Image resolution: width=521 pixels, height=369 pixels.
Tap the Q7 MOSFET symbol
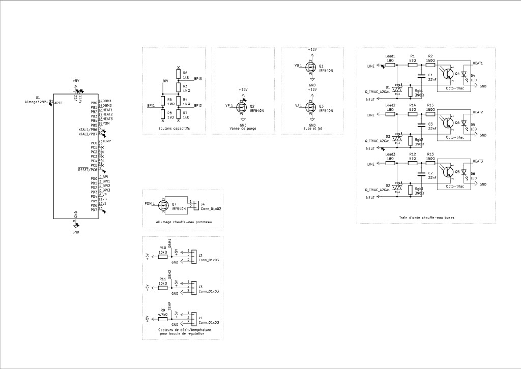[x=164, y=204]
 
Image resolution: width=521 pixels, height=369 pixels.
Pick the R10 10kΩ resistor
[x=163, y=257]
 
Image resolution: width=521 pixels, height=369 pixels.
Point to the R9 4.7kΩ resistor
[x=163, y=319]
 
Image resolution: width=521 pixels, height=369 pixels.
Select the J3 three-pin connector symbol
[x=193, y=288]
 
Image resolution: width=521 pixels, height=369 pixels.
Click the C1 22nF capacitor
[x=421, y=76]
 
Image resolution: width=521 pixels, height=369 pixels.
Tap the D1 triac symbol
[x=398, y=89]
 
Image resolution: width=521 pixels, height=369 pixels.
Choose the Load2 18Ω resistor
[x=390, y=115]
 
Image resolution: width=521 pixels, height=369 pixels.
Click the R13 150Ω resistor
[x=430, y=164]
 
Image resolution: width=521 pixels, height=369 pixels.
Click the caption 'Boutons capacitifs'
[x=174, y=129]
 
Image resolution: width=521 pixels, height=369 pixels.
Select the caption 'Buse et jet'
[x=312, y=129]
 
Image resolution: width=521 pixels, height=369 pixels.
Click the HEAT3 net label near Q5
[x=477, y=161]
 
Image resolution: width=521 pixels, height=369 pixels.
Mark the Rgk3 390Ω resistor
[x=412, y=191]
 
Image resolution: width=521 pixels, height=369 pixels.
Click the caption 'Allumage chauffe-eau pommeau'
[x=183, y=223]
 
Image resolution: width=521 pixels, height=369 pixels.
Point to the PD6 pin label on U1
[x=94, y=205]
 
